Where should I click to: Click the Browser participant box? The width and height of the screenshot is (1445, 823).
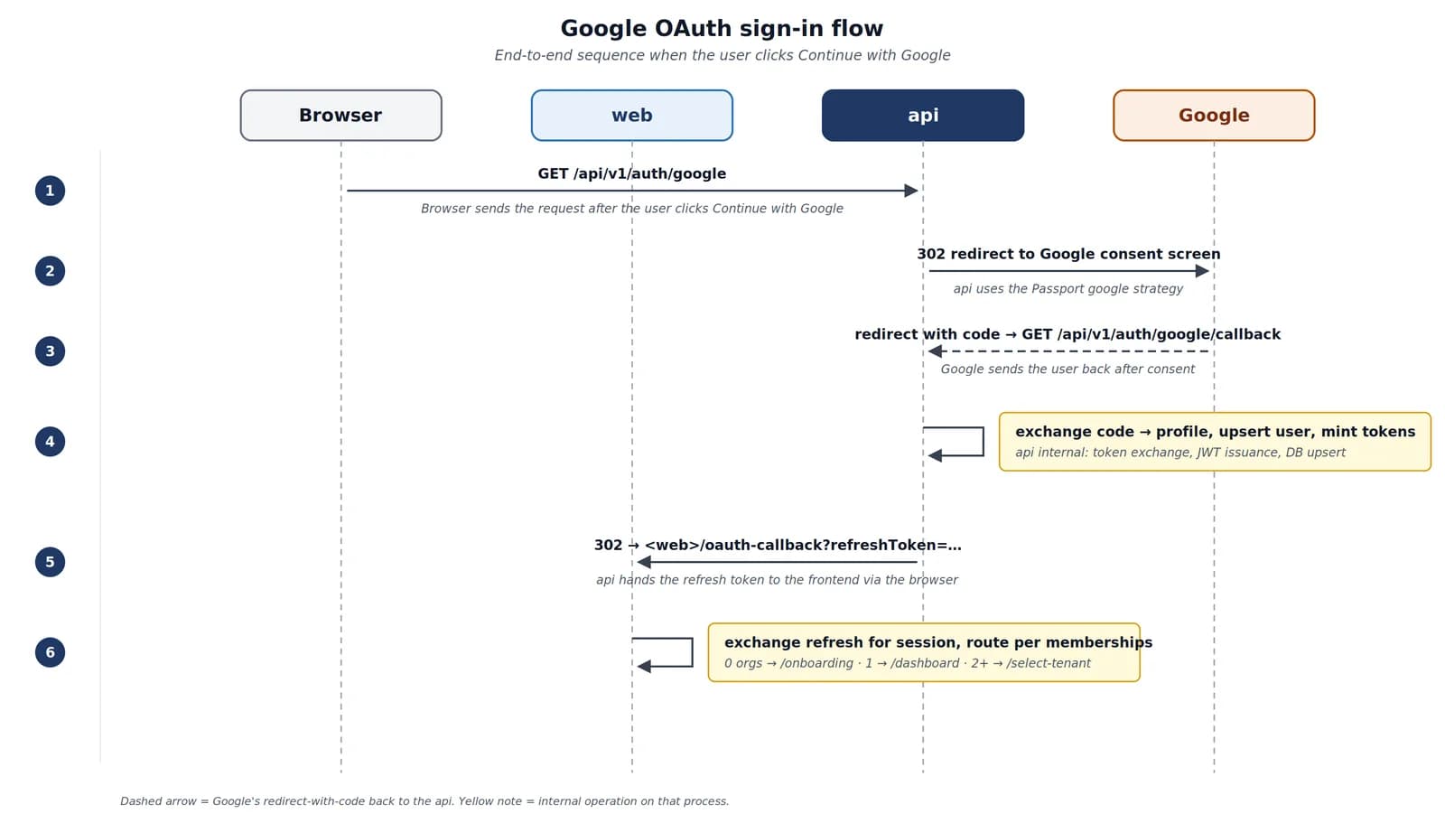[x=340, y=116]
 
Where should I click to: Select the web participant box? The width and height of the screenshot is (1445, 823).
[x=631, y=116]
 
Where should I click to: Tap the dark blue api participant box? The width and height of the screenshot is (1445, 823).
[x=922, y=116]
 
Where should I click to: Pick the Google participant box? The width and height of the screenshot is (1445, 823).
[x=1214, y=116]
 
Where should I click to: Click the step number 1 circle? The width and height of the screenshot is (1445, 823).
[x=50, y=191]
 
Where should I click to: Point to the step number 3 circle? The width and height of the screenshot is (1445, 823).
[x=50, y=351]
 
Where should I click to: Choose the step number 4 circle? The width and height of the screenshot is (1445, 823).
[x=50, y=442]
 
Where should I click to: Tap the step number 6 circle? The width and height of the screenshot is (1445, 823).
[x=50, y=652]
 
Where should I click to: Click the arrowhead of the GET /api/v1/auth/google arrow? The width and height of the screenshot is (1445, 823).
[x=911, y=191]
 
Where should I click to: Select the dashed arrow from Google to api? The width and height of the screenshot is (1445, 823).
[x=1068, y=351]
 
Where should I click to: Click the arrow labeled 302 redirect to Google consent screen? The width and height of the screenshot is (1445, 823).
[x=1068, y=271]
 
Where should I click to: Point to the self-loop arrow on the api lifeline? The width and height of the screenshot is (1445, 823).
[x=984, y=442]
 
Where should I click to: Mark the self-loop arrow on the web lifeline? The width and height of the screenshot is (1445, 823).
[x=692, y=652]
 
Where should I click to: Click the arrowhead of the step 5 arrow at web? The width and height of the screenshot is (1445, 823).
[x=644, y=562]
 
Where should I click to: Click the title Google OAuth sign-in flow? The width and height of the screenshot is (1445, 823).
[x=722, y=28]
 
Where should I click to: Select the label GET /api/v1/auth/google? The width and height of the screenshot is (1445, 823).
[x=631, y=173]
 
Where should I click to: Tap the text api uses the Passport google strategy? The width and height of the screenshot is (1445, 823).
[x=1068, y=288]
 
